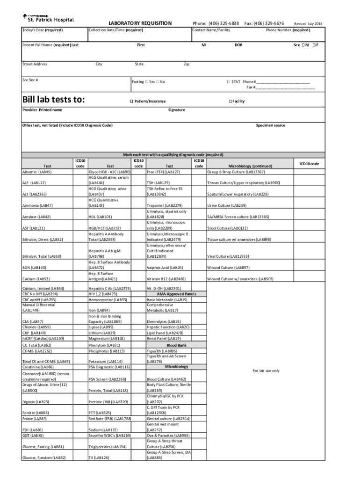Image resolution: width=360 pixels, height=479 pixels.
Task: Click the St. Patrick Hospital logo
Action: click(48, 18)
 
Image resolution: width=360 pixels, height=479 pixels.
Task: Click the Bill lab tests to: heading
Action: click(54, 100)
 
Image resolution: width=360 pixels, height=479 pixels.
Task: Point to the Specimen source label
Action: click(270, 125)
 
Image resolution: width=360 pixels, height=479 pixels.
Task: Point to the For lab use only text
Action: click(266, 370)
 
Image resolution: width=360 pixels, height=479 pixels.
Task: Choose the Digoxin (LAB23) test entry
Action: click(36, 402)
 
